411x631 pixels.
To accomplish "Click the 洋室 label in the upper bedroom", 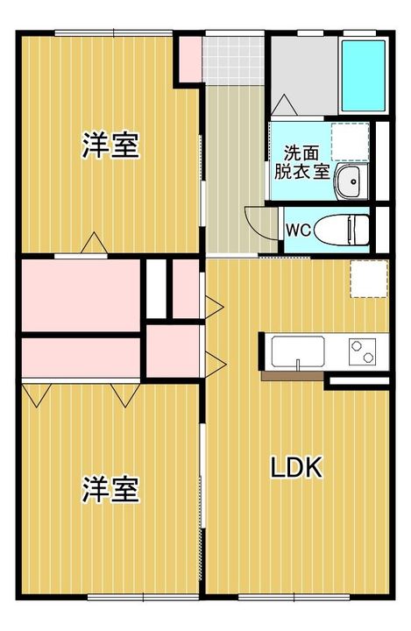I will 110,145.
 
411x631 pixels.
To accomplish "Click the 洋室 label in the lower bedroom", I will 110,489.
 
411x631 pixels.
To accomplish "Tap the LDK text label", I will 295,468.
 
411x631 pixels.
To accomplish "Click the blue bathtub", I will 362,73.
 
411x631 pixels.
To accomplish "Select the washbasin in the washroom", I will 349,181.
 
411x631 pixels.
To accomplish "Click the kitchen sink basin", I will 298,352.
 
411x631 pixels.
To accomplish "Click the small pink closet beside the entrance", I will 190,56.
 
